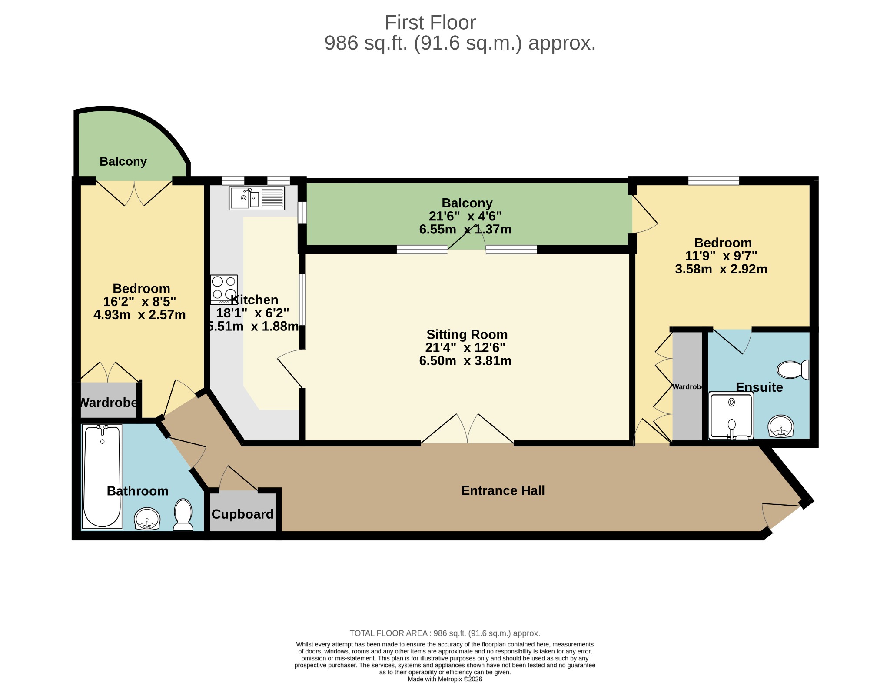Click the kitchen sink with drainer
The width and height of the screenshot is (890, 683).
tap(257, 198)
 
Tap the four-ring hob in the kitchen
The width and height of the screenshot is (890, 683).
tap(224, 290)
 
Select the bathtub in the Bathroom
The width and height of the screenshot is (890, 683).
tap(102, 476)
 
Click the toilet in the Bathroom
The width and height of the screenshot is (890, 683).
tap(183, 515)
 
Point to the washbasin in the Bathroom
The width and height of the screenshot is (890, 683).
tap(147, 519)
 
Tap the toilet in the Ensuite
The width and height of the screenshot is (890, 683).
tap(793, 370)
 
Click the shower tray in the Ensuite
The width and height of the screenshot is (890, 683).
tap(731, 416)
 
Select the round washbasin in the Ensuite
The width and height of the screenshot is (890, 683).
tap(781, 426)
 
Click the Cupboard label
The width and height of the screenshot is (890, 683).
tap(242, 514)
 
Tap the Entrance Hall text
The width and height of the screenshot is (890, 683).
tap(503, 490)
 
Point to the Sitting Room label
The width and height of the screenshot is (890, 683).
tap(467, 334)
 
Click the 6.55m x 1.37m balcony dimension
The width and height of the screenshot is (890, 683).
tap(465, 229)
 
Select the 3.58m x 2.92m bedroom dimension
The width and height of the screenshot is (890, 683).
tap(721, 269)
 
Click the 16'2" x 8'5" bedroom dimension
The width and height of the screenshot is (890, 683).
tap(139, 302)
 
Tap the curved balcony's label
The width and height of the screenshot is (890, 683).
tap(123, 162)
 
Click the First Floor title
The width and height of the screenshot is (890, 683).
tap(430, 23)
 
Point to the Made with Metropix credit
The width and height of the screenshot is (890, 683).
tap(445, 679)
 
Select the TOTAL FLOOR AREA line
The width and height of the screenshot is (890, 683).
tap(445, 633)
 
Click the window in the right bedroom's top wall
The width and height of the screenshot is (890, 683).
tap(714, 181)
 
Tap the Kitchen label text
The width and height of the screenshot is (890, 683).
tap(255, 300)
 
